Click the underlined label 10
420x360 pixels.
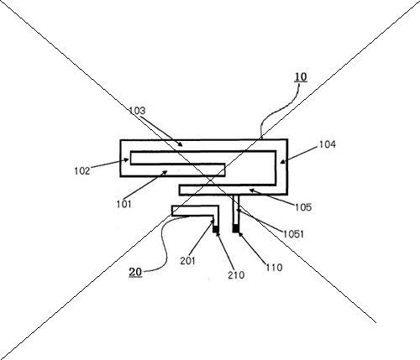pos(301,77)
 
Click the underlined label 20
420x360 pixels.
pos(135,272)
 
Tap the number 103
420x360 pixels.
pos(137,111)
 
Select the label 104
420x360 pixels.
pos(328,144)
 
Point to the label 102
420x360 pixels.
pos(82,170)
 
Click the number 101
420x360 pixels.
pos(123,204)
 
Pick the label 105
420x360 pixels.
pos(303,207)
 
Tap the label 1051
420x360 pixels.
pos(293,234)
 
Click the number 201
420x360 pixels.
pos(187,261)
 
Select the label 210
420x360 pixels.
pos(236,275)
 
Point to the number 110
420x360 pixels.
pos(274,268)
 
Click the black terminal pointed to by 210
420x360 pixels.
pos(216,229)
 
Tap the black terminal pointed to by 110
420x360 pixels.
pos(236,228)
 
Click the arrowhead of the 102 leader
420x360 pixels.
pos(127,160)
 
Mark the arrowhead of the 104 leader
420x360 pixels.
pos(283,161)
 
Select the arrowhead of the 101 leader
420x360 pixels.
pos(165,173)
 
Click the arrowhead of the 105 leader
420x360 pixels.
pos(252,190)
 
